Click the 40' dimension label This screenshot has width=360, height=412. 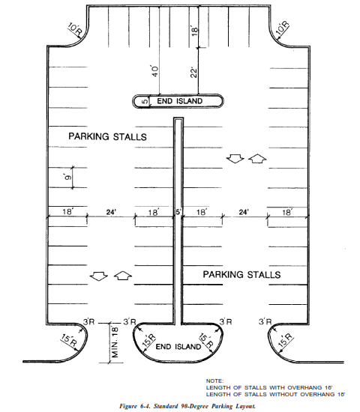tap(155, 71)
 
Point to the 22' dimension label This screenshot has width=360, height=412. tap(193, 73)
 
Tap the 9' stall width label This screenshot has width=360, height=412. tap(67, 178)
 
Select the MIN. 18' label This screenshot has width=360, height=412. tap(115, 342)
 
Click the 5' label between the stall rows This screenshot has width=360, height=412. tap(178, 211)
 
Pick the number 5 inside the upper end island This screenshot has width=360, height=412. tap(145, 101)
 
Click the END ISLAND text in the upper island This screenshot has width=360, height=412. tap(180, 101)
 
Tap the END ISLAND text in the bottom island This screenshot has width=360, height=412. tap(178, 346)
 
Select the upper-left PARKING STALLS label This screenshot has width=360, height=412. tap(108, 136)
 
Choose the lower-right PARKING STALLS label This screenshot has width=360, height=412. tap(241, 275)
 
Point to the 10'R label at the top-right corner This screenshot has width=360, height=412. tap(282, 28)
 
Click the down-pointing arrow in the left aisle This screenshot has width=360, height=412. tap(99, 276)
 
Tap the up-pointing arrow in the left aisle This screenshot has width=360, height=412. tap(123, 276)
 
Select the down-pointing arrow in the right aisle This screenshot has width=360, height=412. tap(235, 159)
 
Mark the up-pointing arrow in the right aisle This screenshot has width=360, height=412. tap(257, 159)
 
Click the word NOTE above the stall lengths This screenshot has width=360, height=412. tap(214, 381)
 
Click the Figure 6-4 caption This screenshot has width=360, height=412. tap(187, 406)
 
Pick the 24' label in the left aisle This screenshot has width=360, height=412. tap(111, 212)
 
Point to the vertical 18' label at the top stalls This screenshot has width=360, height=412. tap(194, 31)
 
